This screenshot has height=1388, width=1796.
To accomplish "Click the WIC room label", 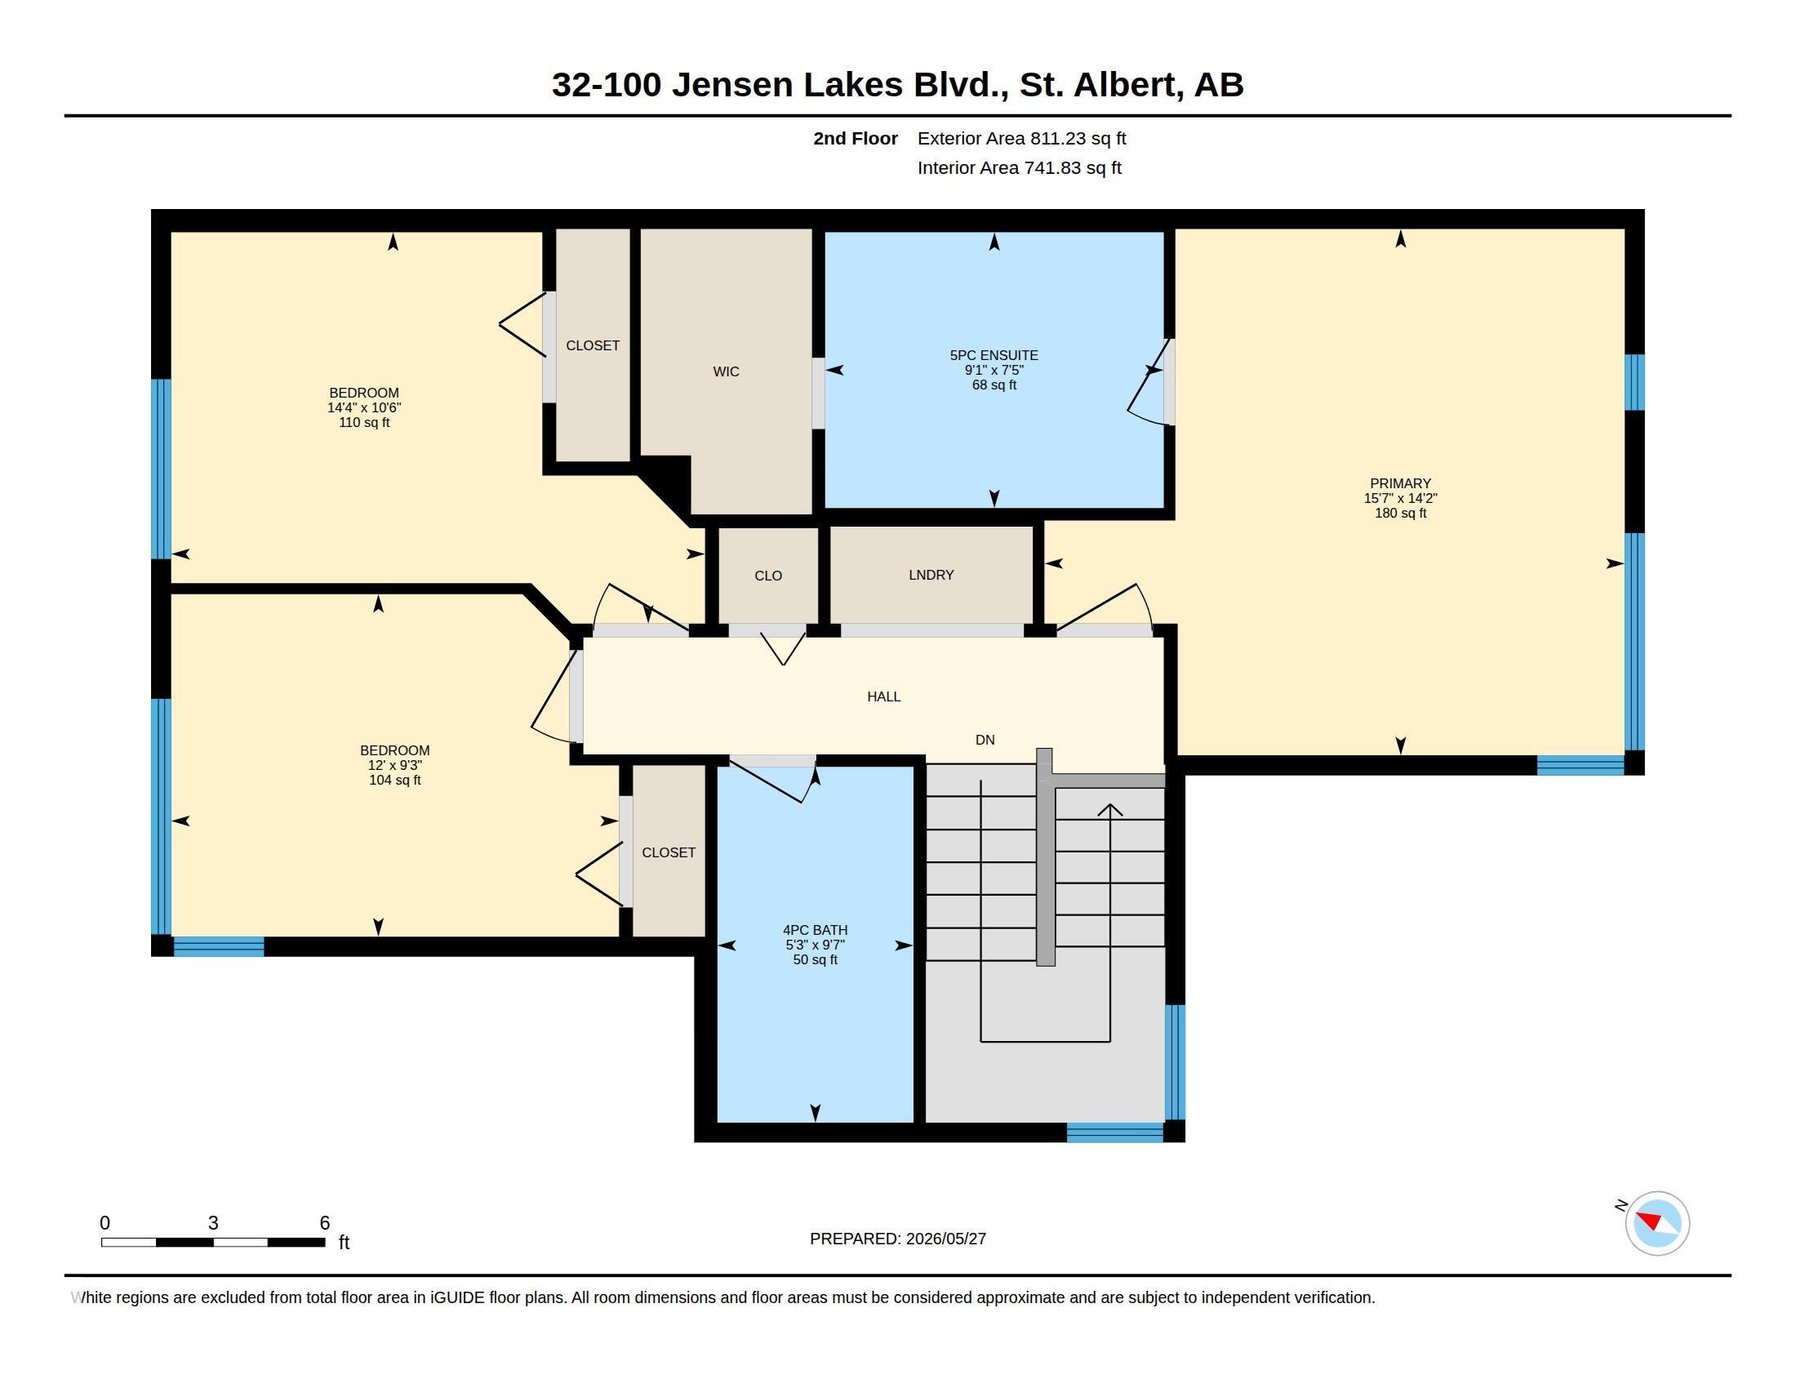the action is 726,371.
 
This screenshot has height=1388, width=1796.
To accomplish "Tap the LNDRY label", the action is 931,575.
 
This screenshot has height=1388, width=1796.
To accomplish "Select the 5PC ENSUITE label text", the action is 994,355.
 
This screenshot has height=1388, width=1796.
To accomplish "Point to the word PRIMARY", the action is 1400,483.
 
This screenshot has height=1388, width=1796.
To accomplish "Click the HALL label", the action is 884,696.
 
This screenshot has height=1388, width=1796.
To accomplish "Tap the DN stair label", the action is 985,740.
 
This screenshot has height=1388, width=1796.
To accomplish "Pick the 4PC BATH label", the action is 815,931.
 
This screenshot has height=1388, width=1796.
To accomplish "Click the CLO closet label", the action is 768,576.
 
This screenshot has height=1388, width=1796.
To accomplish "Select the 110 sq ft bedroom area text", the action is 364,423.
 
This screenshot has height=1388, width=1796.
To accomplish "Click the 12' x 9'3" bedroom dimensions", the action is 395,766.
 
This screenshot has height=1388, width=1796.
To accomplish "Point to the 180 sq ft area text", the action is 1400,513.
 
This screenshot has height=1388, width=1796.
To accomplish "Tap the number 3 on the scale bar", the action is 213,1223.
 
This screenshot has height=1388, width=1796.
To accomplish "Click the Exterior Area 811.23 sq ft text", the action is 1021,138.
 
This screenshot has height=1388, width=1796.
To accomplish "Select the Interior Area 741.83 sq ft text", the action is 1019,167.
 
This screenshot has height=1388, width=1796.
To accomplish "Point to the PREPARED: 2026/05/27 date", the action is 898,1239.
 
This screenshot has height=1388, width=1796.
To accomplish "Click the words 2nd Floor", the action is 856,138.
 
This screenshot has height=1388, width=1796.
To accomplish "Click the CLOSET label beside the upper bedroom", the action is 593,345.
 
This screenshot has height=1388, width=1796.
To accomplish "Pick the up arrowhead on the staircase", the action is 1110,810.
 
